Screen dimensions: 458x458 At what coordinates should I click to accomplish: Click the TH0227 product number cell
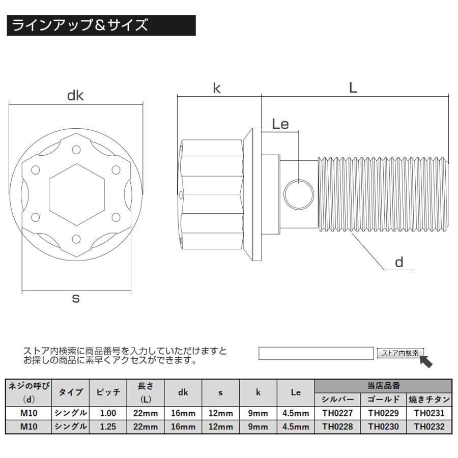[338, 413]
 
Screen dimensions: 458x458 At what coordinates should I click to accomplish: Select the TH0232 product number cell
[429, 427]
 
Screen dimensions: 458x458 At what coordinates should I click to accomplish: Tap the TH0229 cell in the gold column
[383, 413]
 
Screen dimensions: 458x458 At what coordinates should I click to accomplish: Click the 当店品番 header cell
[383, 386]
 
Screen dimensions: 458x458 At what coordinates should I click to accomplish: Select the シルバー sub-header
[338, 399]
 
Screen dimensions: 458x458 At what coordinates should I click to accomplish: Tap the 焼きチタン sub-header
[429, 399]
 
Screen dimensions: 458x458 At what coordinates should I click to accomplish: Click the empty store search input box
[316, 353]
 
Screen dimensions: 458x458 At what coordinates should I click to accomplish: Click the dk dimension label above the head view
[75, 96]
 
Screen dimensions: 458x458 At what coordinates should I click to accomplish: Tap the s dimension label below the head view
[75, 299]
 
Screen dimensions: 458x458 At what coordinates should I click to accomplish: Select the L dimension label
[353, 88]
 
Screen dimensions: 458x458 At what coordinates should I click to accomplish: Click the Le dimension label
[280, 124]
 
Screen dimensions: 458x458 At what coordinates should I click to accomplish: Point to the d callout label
[399, 262]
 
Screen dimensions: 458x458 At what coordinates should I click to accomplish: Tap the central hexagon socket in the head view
[75, 196]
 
